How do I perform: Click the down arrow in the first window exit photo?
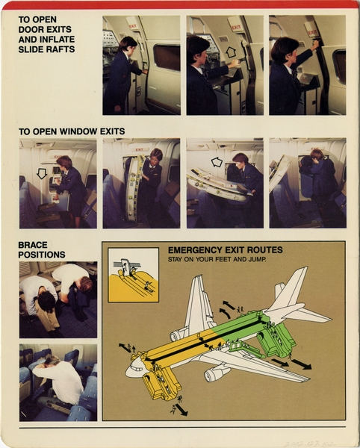coord(42,173)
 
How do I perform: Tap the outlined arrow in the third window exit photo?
coord(217,161)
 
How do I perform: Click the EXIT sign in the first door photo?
coord(132,25)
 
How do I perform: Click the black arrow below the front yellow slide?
coord(179,409)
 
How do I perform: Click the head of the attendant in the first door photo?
coord(128,44)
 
